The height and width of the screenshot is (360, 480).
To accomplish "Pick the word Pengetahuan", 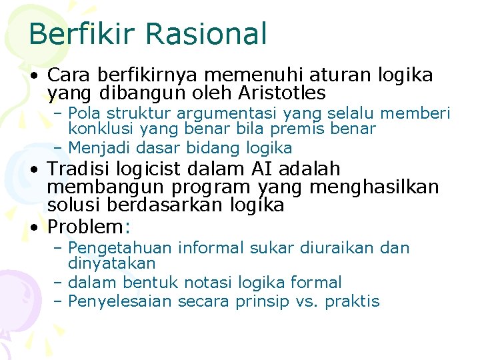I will [x=123, y=249].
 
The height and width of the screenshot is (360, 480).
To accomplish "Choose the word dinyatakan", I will [x=112, y=264].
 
